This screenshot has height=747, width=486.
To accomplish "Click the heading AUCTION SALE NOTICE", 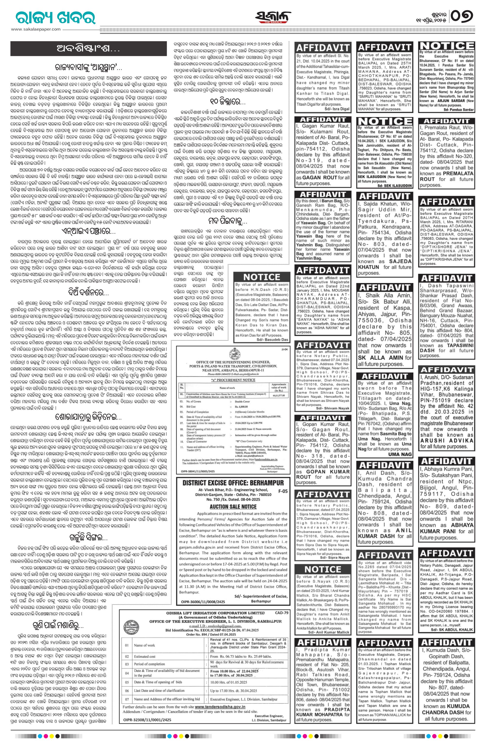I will coord(233,507).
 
